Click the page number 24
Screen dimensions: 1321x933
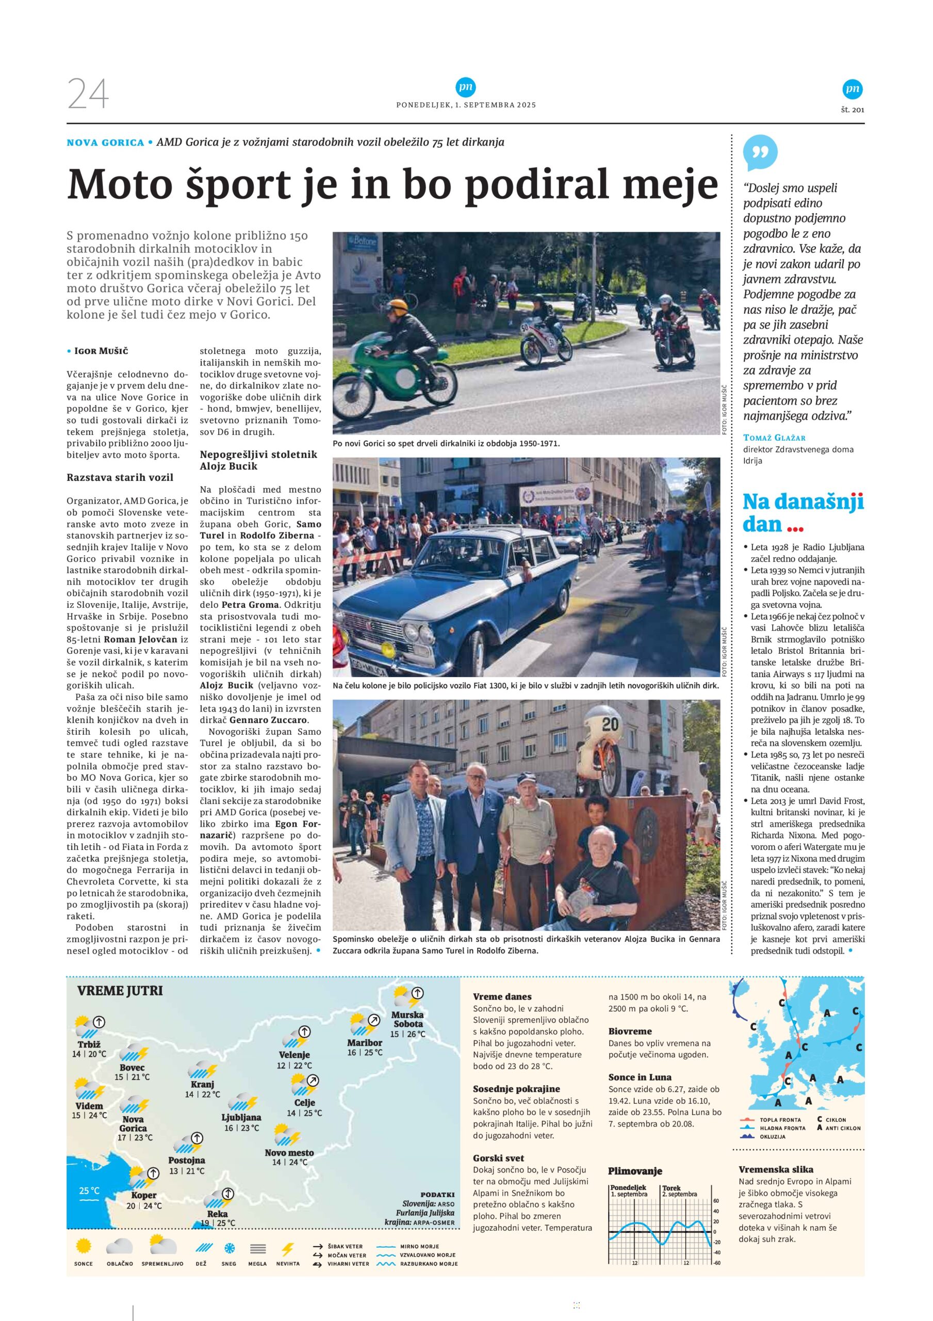click(x=88, y=94)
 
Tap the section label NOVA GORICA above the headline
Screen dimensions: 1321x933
click(x=105, y=143)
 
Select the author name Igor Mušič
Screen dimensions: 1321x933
click(x=102, y=351)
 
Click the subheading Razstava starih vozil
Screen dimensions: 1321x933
click(x=120, y=477)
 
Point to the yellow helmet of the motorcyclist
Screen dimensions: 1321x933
click(x=398, y=305)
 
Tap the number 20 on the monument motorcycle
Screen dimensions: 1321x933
click(x=610, y=724)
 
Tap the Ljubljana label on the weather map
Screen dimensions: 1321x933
click(x=241, y=1117)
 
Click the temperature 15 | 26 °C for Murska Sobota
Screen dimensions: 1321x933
click(x=408, y=1034)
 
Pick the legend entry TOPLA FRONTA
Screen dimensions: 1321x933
click(x=780, y=1120)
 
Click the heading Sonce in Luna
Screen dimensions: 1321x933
click(x=640, y=1077)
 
